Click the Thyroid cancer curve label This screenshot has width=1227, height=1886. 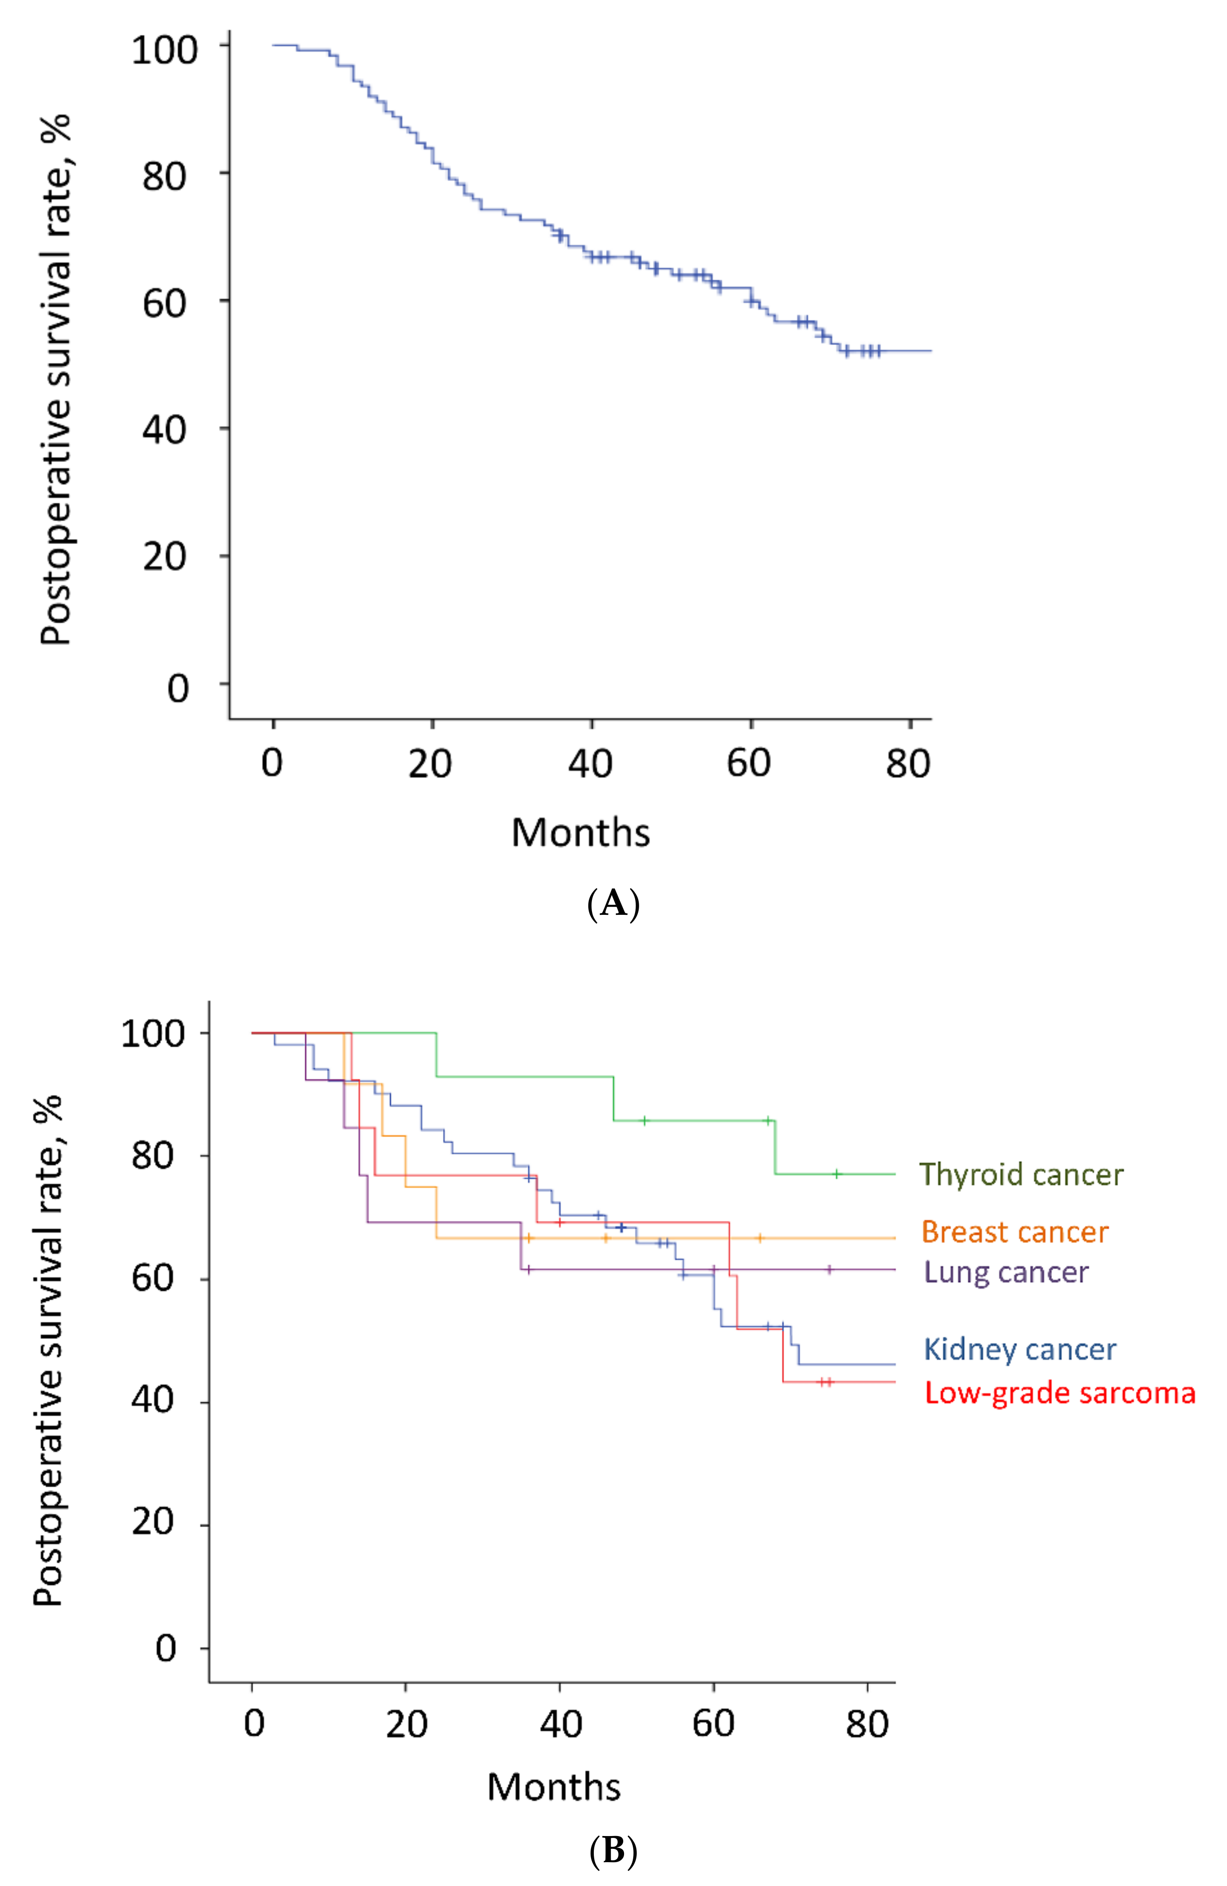tap(1020, 1174)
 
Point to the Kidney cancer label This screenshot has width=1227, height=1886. tap(1019, 1349)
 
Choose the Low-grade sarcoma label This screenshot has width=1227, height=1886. tap(1059, 1393)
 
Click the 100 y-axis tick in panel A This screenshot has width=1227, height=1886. tap(164, 51)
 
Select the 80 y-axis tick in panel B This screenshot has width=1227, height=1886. tap(153, 1155)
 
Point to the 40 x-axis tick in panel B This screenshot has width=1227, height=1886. tap(560, 1724)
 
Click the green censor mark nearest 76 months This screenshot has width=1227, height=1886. tap(837, 1174)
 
